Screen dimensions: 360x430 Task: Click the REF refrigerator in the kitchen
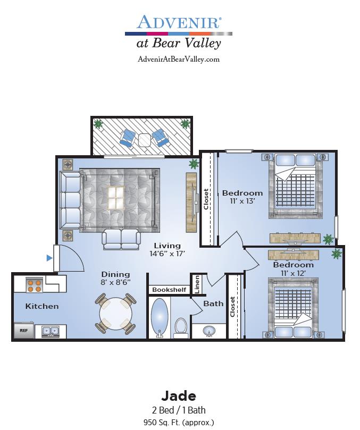point(24,330)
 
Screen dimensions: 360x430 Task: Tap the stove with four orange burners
point(35,285)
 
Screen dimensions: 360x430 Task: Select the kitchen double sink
point(51,332)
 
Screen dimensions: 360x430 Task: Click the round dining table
point(115,314)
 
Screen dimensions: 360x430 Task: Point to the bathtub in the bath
point(160,317)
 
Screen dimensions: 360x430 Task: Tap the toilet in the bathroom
point(181,328)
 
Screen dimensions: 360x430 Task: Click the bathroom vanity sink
point(209,331)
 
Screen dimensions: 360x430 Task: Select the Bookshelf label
point(169,290)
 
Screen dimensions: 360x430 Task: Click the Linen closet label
point(197,285)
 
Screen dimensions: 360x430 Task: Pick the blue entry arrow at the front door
point(49,258)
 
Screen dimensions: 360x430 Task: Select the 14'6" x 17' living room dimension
point(167,254)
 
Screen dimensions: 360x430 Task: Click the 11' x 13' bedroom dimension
point(242,201)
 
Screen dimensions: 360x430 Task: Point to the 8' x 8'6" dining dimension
point(115,282)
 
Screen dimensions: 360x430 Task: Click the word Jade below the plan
point(179,396)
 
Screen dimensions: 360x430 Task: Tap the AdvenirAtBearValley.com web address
point(179,59)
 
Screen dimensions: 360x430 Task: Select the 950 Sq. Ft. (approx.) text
point(179,423)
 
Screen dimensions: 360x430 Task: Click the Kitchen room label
point(42,306)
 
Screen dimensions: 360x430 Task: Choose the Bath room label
point(213,303)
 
